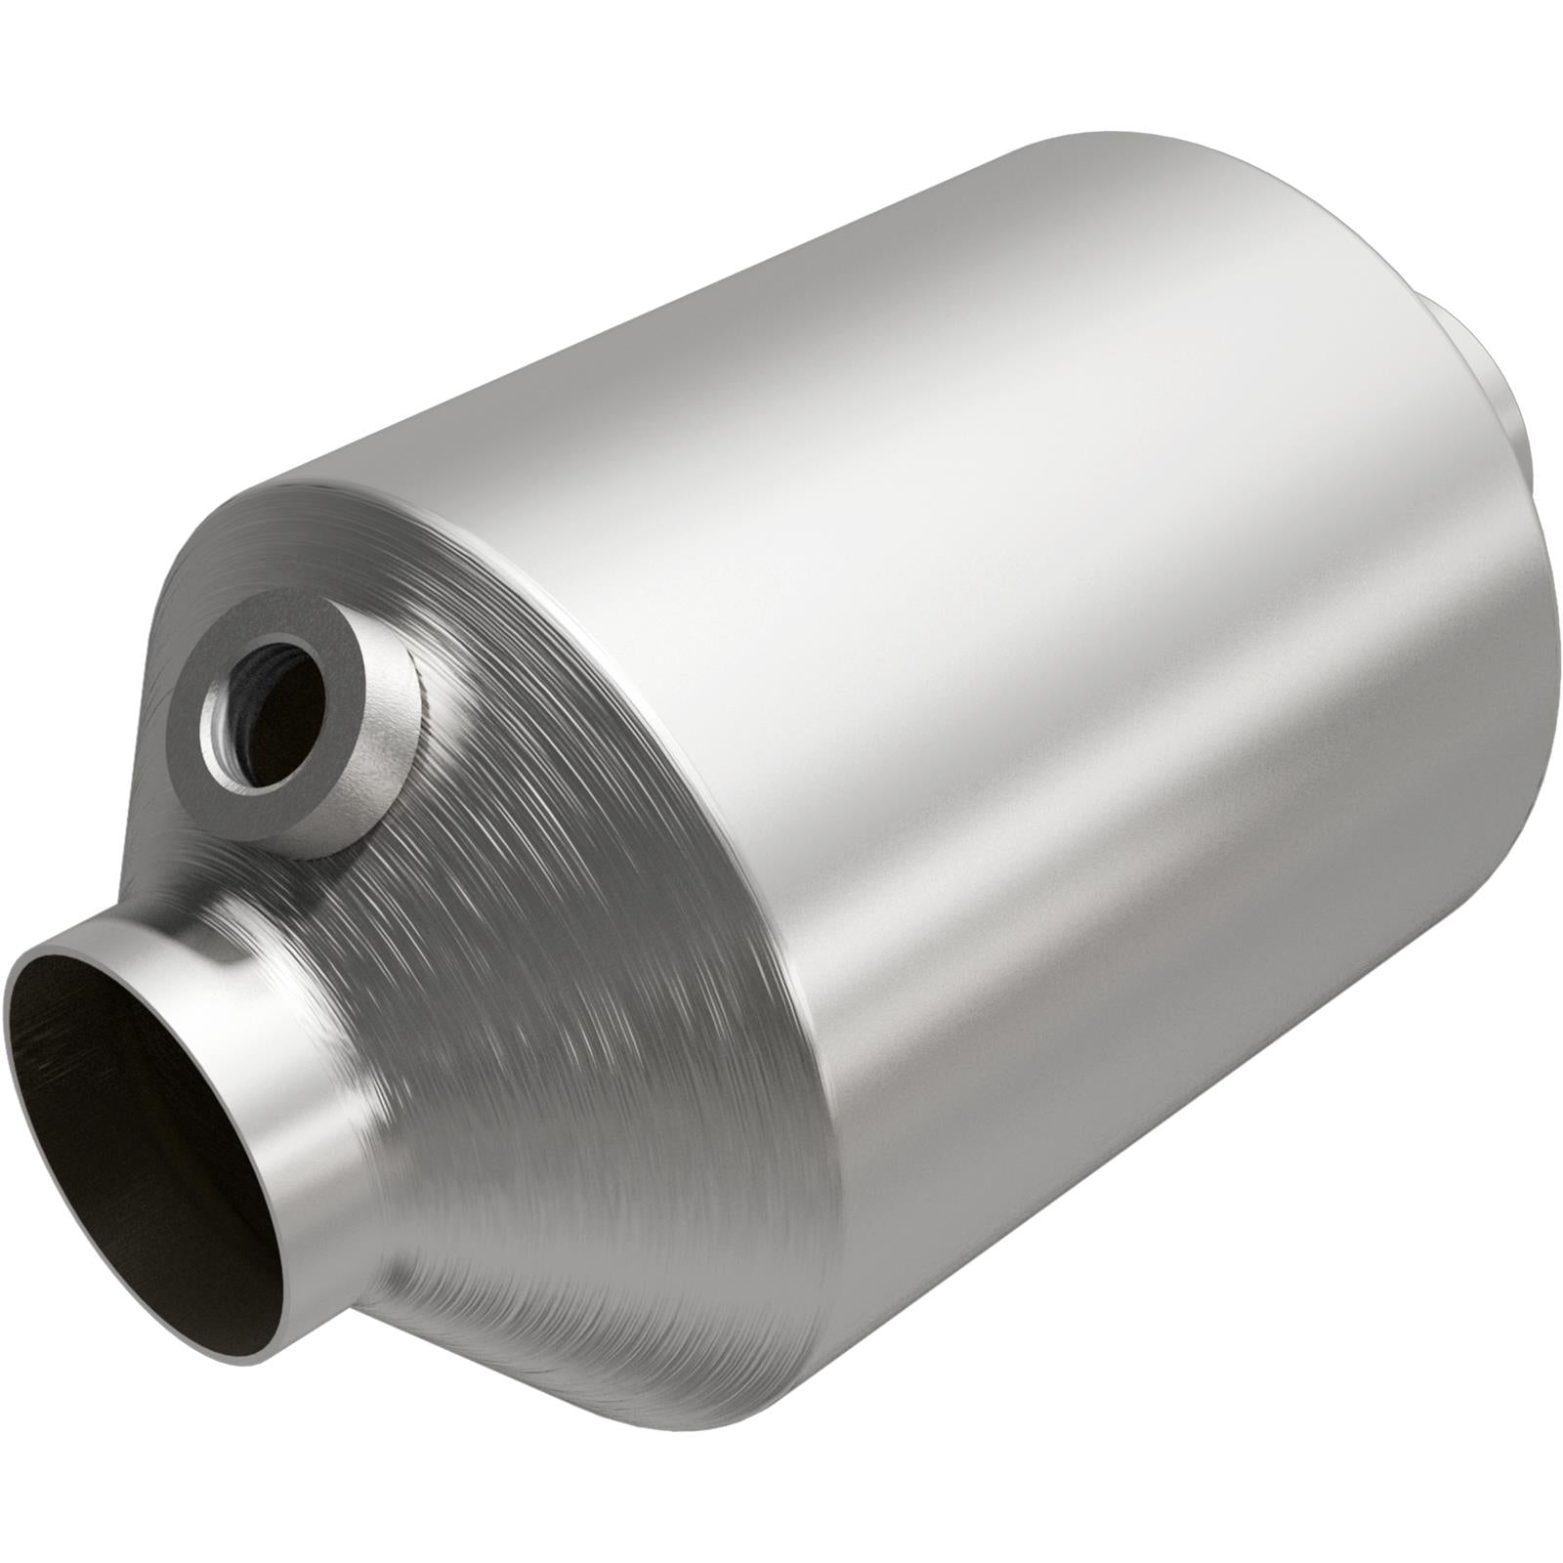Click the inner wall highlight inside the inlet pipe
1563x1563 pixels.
[59, 1026]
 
